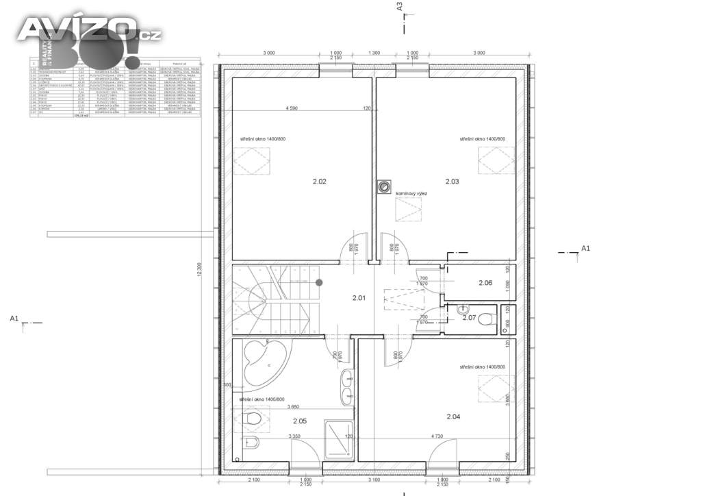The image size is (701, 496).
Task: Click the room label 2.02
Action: pos(319,182)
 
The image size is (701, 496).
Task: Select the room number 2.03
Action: pos(452,182)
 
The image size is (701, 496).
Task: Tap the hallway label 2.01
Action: pos(359,298)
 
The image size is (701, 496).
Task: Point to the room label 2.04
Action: pos(453,417)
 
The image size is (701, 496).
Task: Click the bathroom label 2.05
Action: pos(300,421)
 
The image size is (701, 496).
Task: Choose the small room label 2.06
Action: pos(485,283)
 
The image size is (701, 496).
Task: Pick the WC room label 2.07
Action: pos(469,318)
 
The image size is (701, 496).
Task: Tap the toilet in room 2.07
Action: pos(487,319)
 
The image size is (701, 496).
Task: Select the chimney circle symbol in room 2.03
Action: pos(382,184)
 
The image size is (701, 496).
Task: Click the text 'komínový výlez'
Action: pos(411,194)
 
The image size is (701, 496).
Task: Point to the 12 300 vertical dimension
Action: pos(199,271)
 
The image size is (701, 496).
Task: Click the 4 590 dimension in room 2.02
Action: pos(296,108)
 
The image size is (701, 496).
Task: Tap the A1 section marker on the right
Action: pos(585,247)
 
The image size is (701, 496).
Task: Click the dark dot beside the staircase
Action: pos(319,282)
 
